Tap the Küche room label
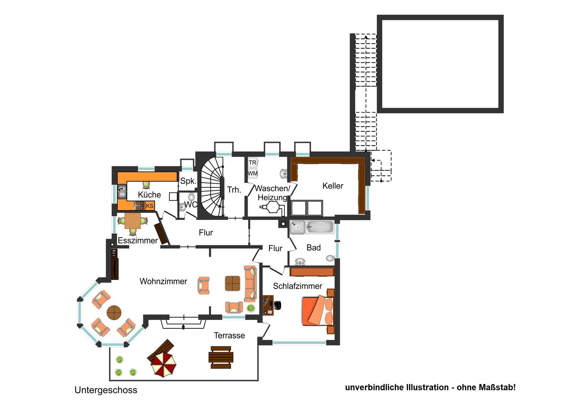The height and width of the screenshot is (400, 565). click(x=149, y=195)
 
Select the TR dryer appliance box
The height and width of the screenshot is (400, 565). click(x=252, y=162)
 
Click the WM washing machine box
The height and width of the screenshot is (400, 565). click(x=252, y=173)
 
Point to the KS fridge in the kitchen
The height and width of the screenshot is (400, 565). click(x=149, y=206)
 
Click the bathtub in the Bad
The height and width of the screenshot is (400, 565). click(x=320, y=227)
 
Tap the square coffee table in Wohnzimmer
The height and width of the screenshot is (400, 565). click(x=232, y=283)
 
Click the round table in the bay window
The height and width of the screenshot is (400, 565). click(x=114, y=312)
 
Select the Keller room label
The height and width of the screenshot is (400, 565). click(x=333, y=186)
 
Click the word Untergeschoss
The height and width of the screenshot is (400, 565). click(x=106, y=390)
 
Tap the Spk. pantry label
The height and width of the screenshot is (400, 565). click(x=188, y=181)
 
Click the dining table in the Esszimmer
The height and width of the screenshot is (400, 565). click(x=132, y=221)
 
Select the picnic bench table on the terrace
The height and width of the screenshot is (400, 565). click(x=221, y=357)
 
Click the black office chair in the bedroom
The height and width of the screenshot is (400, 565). click(x=277, y=305)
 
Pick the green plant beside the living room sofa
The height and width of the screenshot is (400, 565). click(x=251, y=308)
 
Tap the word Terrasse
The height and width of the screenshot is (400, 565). click(x=229, y=335)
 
